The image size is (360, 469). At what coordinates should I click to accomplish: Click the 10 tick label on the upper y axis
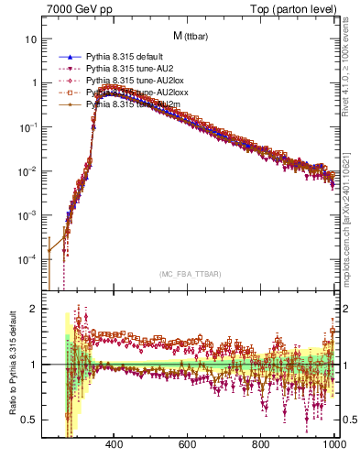click(31, 39)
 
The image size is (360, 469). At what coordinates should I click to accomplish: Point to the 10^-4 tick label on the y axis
click(27, 259)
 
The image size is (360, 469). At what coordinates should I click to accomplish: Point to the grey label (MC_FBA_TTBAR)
click(190, 275)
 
